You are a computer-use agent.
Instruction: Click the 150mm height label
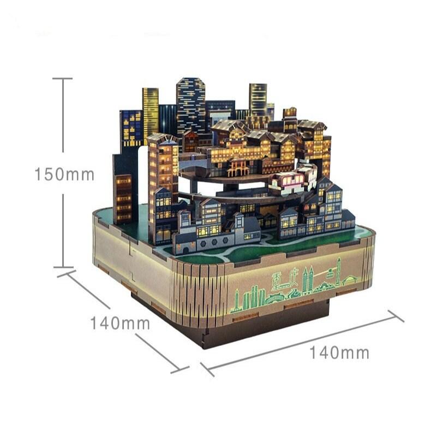click(64, 174)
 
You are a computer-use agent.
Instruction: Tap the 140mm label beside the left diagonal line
click(120, 323)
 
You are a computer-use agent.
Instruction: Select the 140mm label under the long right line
click(339, 352)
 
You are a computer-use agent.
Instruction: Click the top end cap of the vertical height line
click(63, 79)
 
